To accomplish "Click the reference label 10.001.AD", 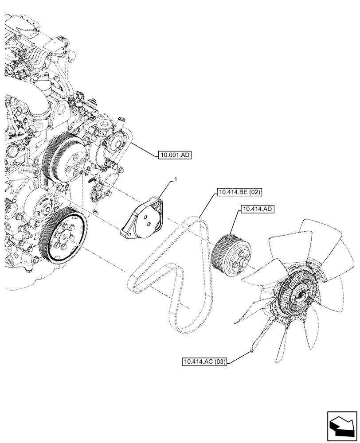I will (x=174, y=155).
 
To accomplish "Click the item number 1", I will (x=176, y=179).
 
